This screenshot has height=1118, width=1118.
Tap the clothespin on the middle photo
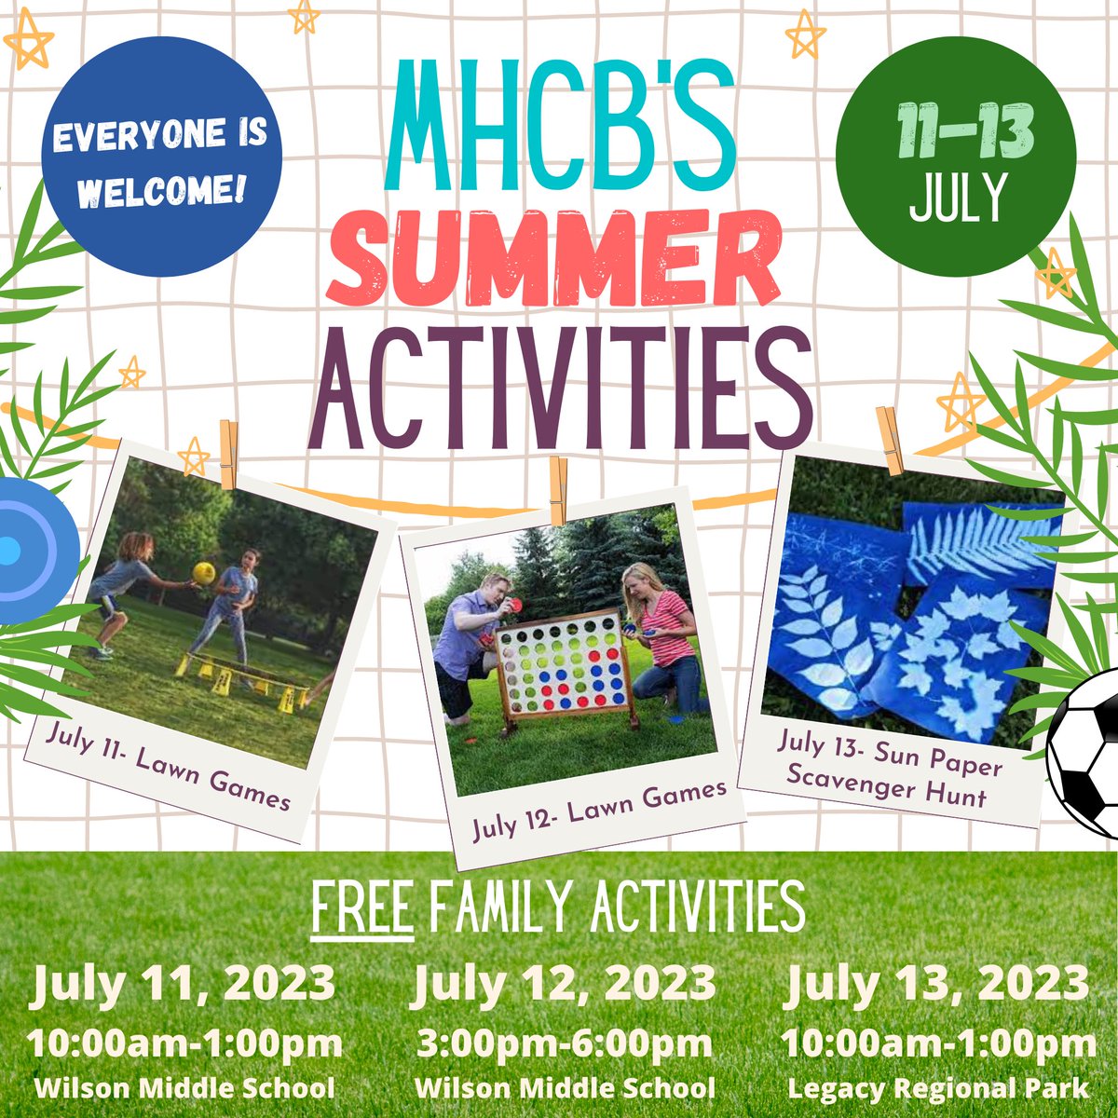click(559, 491)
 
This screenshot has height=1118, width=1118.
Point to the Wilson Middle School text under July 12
click(565, 1087)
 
